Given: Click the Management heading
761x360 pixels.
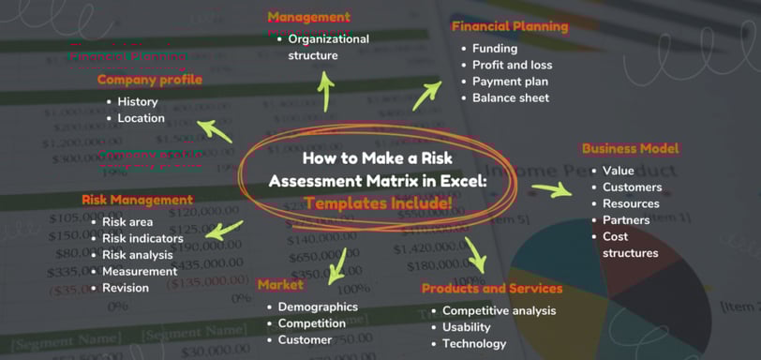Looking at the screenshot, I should click(308, 17).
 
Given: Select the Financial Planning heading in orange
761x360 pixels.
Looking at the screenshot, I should click(510, 26).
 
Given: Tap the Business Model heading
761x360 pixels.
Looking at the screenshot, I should click(631, 148).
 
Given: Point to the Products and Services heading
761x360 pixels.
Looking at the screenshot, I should click(492, 289).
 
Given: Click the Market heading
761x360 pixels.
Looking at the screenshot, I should click(279, 284).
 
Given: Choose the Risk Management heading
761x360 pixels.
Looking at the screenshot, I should click(137, 200).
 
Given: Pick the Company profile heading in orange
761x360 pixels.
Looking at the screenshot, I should click(150, 80).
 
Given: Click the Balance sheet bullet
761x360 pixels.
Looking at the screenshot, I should click(510, 97).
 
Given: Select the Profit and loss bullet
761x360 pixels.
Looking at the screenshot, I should click(512, 65).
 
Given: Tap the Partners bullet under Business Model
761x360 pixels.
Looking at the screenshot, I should click(626, 220).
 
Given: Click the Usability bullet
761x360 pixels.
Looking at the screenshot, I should click(466, 327).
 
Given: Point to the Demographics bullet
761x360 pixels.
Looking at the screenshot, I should click(318, 307).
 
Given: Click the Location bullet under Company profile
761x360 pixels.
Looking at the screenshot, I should click(141, 118).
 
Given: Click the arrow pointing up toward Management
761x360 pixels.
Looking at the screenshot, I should click(326, 91).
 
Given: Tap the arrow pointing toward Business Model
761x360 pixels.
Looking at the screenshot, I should click(550, 190).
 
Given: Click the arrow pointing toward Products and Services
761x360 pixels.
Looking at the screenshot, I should click(476, 254).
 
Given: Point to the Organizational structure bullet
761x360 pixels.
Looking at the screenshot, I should click(328, 47).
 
